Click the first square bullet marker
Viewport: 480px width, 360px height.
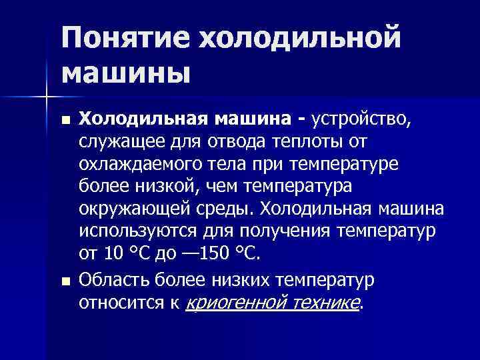pos(64,121)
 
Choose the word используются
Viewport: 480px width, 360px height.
pos(137,233)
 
